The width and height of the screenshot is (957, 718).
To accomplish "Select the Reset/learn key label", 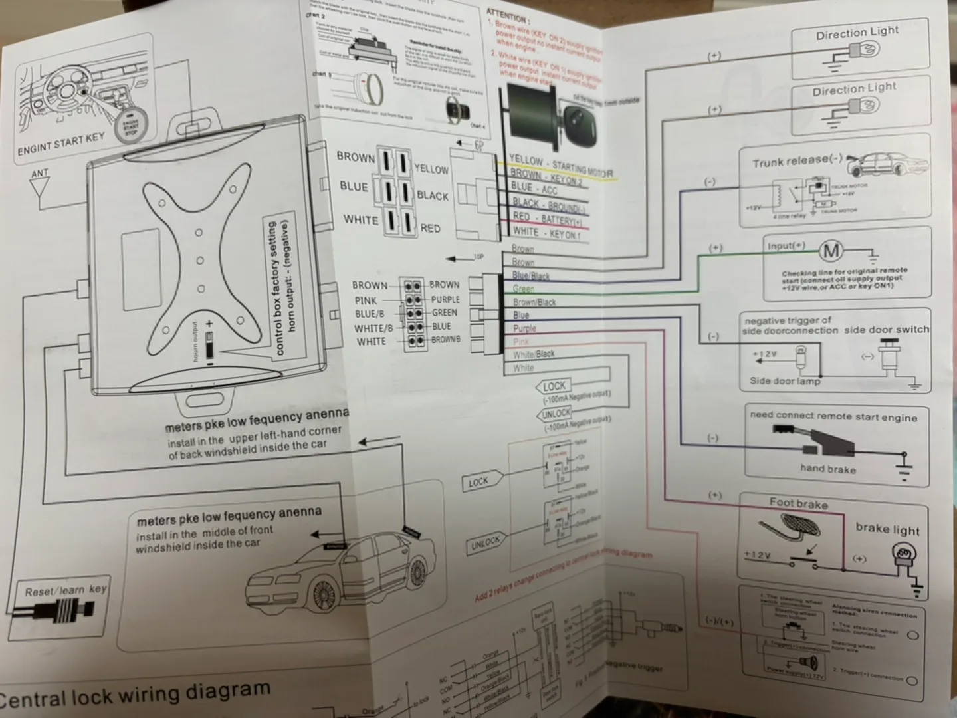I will point(65,590).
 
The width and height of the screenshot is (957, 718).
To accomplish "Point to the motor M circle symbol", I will point(831,251).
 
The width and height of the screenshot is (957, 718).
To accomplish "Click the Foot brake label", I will point(798,504).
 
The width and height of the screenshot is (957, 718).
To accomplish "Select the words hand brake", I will point(828,469).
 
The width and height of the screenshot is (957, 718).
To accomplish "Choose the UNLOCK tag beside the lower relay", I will point(485,543).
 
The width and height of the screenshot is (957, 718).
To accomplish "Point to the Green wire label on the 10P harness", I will point(524,289).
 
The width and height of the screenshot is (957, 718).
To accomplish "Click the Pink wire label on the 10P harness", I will point(521,342).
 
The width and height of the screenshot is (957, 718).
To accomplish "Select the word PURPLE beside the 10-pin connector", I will point(445,300).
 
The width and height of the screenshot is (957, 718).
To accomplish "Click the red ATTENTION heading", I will point(507,15).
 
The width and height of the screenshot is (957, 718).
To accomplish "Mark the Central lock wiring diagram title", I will point(133,695).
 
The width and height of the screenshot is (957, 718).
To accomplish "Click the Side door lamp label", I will point(785,381).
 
